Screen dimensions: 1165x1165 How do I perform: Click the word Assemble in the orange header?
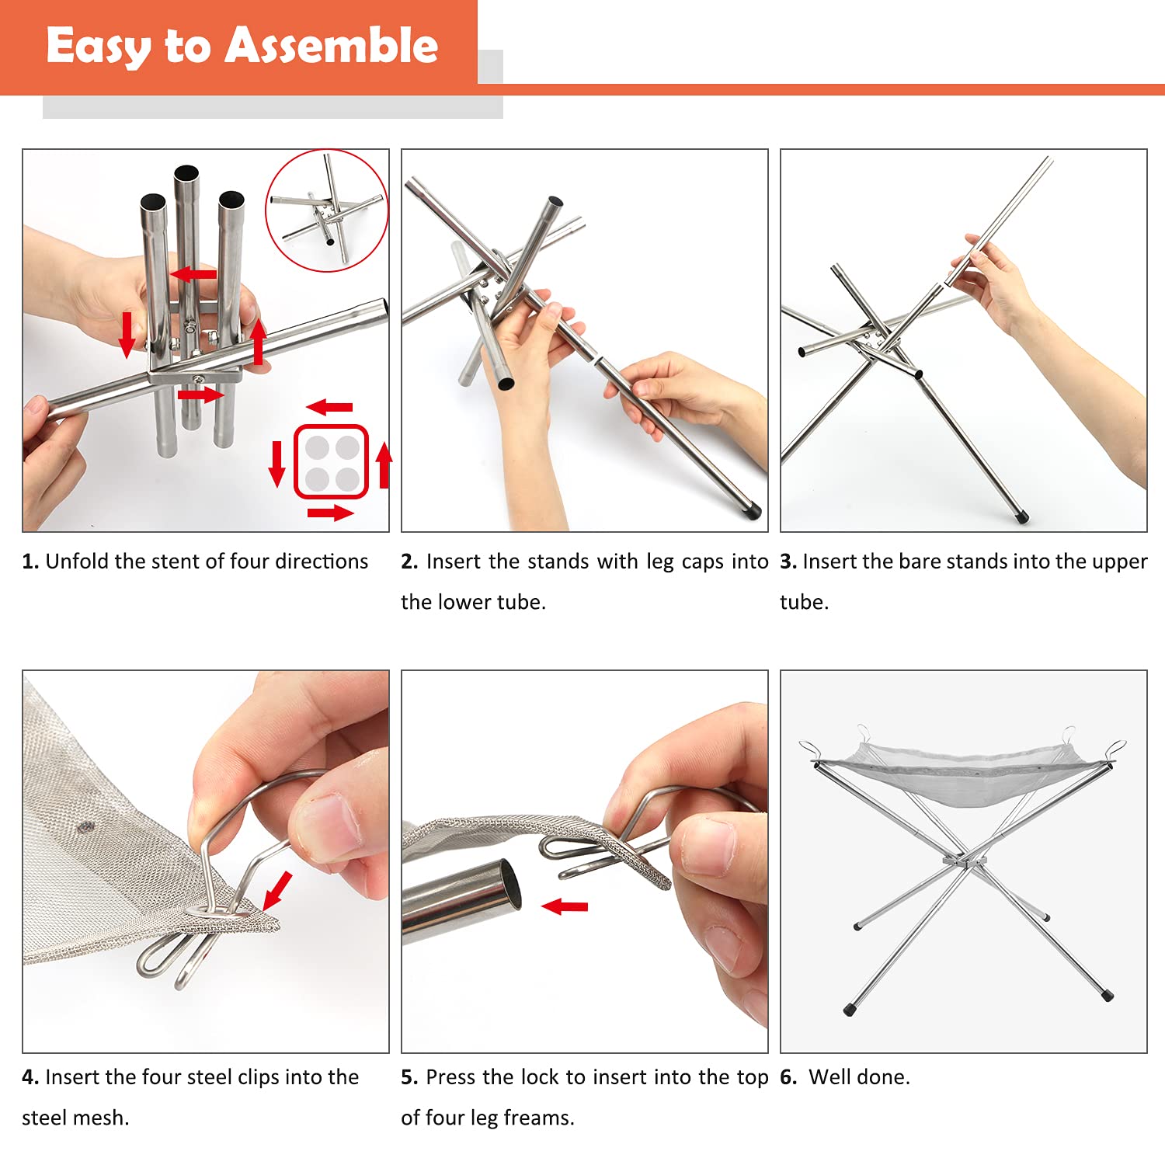point(332,45)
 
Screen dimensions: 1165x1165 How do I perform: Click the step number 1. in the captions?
point(30,562)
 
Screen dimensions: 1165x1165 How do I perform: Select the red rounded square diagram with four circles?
point(330,461)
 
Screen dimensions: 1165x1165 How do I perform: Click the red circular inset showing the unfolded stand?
point(327,210)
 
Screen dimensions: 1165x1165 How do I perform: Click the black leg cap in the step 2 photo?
point(752,511)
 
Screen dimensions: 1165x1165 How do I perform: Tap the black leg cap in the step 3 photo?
point(1022,516)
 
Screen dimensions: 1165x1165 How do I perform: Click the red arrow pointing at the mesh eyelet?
point(277,890)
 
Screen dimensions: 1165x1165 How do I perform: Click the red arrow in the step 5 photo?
point(565,906)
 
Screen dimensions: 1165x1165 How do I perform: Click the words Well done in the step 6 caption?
point(859,1077)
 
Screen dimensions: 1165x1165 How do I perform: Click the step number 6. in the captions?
point(788,1077)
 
